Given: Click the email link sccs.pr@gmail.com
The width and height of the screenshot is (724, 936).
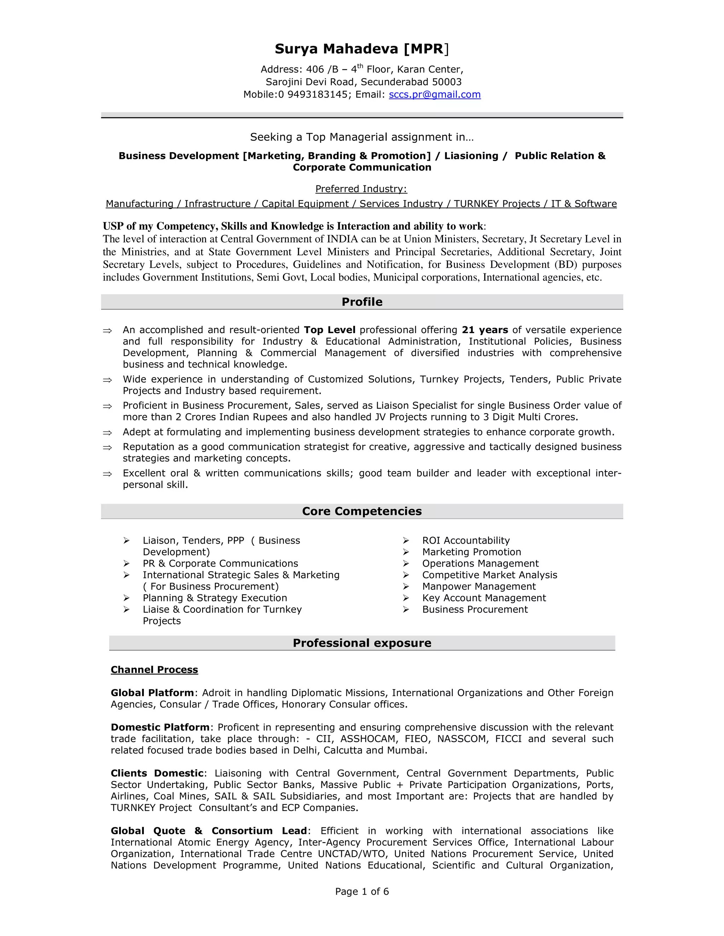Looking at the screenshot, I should click(434, 95).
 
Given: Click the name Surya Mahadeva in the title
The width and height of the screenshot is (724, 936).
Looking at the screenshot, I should click(337, 49).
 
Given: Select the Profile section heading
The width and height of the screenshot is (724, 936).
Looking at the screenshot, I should click(362, 302).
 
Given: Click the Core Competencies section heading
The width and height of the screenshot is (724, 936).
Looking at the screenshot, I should click(362, 511).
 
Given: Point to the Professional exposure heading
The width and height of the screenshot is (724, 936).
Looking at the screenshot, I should click(362, 643).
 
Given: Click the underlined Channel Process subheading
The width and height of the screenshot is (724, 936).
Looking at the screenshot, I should click(154, 670).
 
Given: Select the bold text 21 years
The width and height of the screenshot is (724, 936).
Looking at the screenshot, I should click(485, 330).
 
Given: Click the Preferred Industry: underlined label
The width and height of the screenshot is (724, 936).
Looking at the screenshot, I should click(361, 189).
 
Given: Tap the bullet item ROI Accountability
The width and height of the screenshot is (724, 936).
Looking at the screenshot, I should click(466, 541).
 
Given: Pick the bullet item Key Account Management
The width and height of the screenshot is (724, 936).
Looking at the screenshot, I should click(484, 598).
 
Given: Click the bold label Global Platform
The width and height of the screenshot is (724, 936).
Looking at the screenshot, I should click(152, 693).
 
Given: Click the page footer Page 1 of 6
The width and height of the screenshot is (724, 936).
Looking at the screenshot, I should click(362, 892).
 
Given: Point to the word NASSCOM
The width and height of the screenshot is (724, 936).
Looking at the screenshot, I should click(463, 739).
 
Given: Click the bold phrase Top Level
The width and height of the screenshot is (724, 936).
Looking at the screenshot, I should click(329, 330).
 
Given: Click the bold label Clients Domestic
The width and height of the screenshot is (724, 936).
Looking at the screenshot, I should click(157, 774).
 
